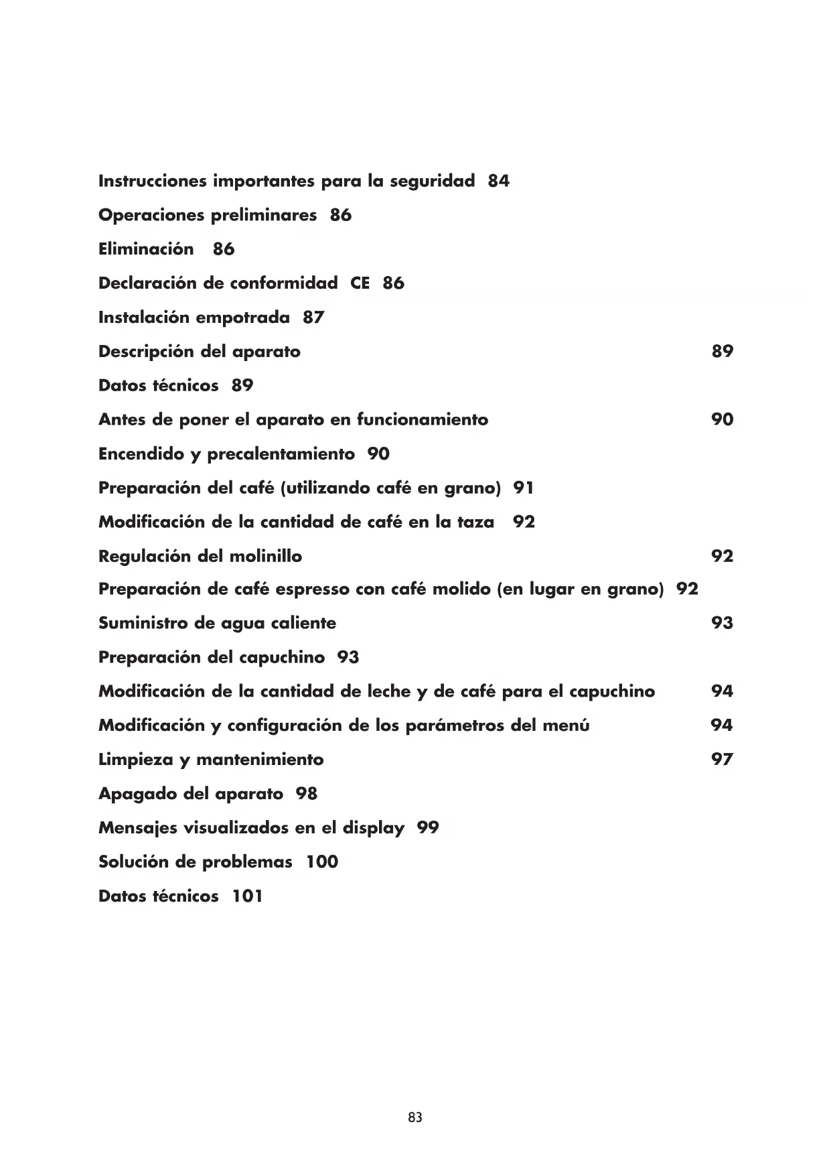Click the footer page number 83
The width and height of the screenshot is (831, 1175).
coord(414,1117)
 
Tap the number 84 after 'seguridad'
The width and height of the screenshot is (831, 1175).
coord(498,181)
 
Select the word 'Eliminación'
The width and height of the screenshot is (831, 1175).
coord(146,249)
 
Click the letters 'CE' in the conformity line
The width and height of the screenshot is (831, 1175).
coord(360,283)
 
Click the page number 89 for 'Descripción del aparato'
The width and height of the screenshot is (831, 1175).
coord(722,351)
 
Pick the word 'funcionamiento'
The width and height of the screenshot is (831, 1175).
coord(422,420)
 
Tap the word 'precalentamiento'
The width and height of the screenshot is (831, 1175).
coord(281,454)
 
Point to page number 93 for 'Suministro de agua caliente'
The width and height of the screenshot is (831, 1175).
coord(722,623)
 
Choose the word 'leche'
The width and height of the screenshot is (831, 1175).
coord(386,691)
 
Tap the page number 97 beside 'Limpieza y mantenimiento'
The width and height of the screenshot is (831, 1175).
coord(722,760)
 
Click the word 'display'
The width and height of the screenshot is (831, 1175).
coord(374,828)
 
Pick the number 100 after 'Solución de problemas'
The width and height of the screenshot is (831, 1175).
coord(322,862)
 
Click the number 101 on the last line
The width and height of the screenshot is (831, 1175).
coord(247,896)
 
